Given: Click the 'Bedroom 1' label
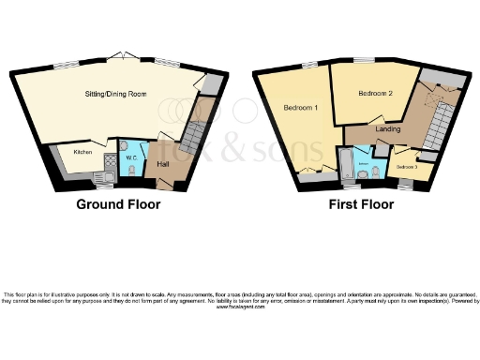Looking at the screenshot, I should [x=301, y=109].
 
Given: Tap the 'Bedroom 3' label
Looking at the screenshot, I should [x=406, y=167].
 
